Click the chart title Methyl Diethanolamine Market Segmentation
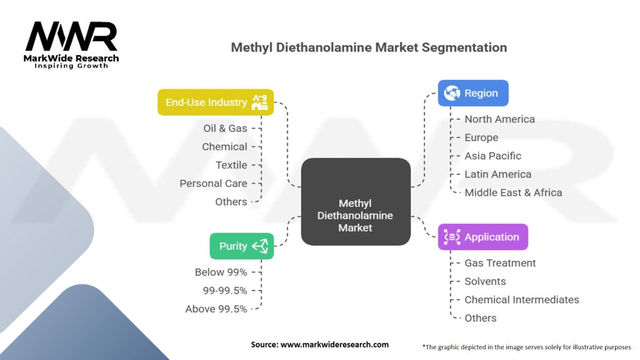click(369, 47)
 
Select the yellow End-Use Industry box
click(216, 102)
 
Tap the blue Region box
click(472, 93)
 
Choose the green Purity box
click(242, 246)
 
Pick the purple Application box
click(482, 237)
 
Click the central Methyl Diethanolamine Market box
click(355, 216)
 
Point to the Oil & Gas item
click(225, 128)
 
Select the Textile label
click(231, 165)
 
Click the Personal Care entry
click(213, 183)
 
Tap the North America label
click(499, 119)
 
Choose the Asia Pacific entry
click(492, 156)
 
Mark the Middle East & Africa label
click(513, 192)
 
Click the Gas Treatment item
click(500, 263)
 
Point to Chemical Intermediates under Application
click(521, 299)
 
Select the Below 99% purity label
click(221, 272)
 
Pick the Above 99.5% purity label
click(216, 309)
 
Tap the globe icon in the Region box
click(451, 93)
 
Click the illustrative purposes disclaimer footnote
click(526, 346)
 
